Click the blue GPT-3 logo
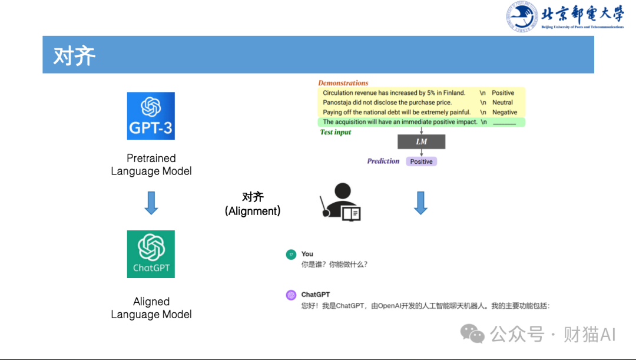(x=151, y=115)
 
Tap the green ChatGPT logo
(x=151, y=254)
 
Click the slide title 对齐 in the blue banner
(x=74, y=55)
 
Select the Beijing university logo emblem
(x=522, y=16)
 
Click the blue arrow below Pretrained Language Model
(x=151, y=202)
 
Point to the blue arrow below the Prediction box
(x=420, y=202)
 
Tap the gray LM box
(x=421, y=141)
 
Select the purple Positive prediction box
(x=421, y=161)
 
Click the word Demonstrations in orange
(x=343, y=83)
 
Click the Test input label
(x=336, y=132)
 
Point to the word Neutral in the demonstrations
(x=502, y=103)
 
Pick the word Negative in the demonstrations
(x=504, y=112)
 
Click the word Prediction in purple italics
(x=383, y=161)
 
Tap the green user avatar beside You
(x=291, y=255)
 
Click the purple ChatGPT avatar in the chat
(x=291, y=295)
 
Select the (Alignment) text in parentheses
(x=253, y=211)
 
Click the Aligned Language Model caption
(x=151, y=308)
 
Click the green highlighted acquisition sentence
(x=400, y=122)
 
